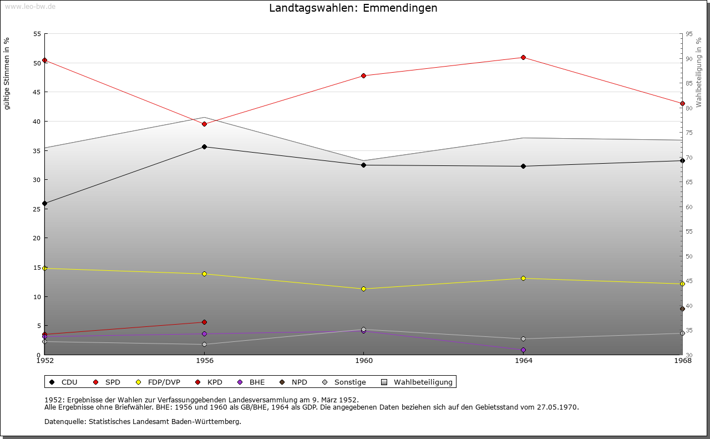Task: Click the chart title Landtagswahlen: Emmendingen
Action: [x=353, y=8]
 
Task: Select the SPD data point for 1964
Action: [x=523, y=58]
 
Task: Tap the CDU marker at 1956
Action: [x=204, y=147]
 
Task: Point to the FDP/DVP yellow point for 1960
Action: [x=363, y=289]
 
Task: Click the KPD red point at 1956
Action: [x=204, y=322]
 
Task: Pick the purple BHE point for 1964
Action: [x=523, y=350]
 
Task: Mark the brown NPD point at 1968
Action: [x=682, y=309]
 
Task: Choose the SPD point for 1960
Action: [x=363, y=76]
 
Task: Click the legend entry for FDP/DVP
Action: [x=164, y=382]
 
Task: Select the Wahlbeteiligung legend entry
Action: [x=423, y=382]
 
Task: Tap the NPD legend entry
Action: [x=299, y=382]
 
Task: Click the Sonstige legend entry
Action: [x=349, y=382]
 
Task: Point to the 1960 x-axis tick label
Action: [x=363, y=361]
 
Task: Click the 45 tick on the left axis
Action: [x=38, y=92]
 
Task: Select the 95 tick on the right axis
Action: [x=689, y=34]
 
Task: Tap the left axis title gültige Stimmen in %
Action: [x=7, y=74]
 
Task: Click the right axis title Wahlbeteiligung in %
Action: [x=699, y=73]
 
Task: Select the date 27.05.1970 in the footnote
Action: [x=557, y=407]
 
